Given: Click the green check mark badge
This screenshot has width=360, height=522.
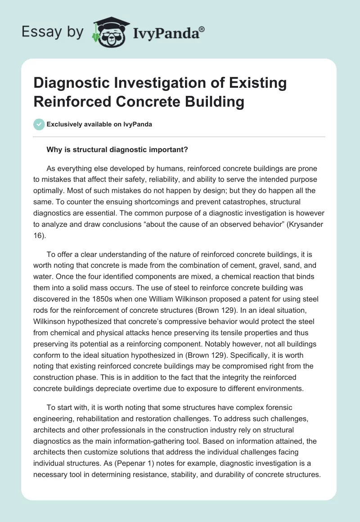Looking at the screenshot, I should tap(39, 124).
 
